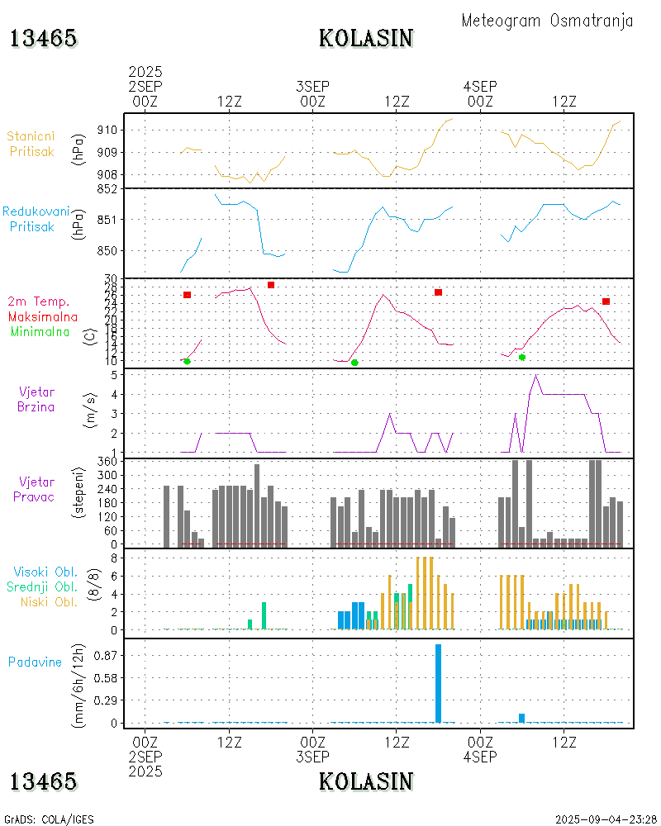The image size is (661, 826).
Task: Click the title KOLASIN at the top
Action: [x=366, y=38]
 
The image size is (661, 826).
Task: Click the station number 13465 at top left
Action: [x=43, y=38]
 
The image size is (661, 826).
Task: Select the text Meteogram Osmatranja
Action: [x=547, y=21]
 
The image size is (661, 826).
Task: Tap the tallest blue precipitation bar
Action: [x=438, y=682]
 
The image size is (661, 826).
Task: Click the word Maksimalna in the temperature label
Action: [x=43, y=316]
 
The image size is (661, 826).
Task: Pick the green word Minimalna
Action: [x=41, y=331]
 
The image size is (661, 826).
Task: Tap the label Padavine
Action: [x=35, y=662]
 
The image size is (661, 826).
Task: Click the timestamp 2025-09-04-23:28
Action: [x=606, y=819]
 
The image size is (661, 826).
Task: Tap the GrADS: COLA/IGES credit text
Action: [x=49, y=819]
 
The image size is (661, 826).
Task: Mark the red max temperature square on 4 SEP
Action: [x=606, y=301]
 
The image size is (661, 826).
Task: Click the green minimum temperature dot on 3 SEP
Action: [x=354, y=363]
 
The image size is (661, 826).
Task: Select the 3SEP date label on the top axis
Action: [x=312, y=86]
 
